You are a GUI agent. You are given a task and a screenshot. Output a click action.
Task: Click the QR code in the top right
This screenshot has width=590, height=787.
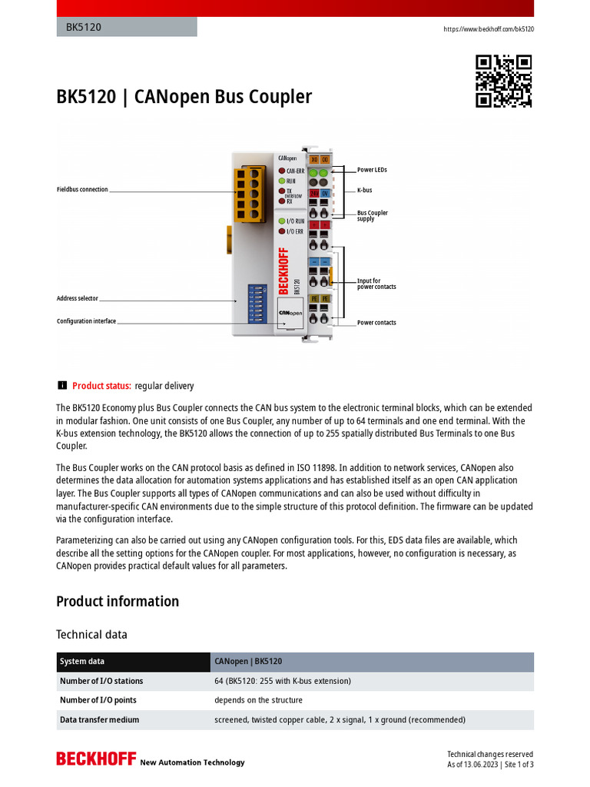[x=504, y=81]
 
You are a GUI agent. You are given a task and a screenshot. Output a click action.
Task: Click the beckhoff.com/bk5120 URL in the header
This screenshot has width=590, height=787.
[x=489, y=29]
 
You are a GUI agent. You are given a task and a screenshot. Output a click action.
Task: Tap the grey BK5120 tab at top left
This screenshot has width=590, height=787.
[x=126, y=27]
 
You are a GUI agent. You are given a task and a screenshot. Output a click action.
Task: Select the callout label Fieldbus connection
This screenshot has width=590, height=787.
[x=82, y=189]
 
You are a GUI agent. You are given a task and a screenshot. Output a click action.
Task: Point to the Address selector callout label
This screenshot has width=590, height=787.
[x=77, y=298]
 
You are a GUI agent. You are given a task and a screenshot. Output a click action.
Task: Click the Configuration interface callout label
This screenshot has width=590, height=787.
[x=86, y=321]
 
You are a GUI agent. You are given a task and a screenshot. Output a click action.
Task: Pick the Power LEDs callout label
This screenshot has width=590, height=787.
[x=372, y=170]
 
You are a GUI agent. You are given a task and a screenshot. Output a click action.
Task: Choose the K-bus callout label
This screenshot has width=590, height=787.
[x=364, y=190]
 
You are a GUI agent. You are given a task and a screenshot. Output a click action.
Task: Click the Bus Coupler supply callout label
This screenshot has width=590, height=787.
[x=373, y=216]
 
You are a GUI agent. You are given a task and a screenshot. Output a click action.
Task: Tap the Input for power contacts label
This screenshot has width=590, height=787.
[x=376, y=284]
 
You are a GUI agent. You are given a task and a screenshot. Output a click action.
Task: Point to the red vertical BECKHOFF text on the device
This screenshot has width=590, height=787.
[x=283, y=271]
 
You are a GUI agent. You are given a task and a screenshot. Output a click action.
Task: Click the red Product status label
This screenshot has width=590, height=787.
[x=101, y=386]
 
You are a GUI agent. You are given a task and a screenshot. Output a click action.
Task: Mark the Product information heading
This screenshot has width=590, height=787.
[x=118, y=601]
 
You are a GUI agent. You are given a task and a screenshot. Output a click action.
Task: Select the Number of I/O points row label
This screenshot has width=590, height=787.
[x=98, y=700]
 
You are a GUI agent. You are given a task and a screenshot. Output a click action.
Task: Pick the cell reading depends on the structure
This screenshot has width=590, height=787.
[x=258, y=700]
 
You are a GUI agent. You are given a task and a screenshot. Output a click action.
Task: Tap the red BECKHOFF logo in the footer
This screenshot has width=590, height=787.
[x=95, y=759]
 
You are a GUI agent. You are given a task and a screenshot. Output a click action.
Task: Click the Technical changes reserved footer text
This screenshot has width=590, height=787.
[x=490, y=754]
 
